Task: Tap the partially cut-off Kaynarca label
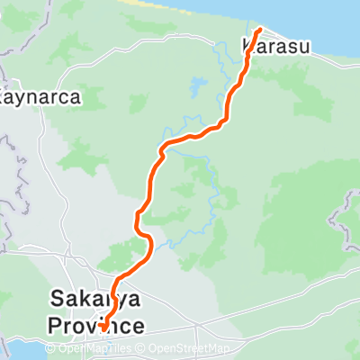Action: [41, 95]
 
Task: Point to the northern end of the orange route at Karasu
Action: [260, 31]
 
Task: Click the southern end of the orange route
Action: [103, 328]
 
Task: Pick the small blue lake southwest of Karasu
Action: [195, 88]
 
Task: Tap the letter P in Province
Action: [55, 322]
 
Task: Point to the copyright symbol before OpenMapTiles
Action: [50, 349]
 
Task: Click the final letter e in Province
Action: [137, 322]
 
